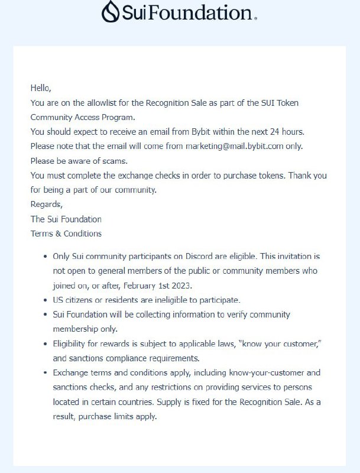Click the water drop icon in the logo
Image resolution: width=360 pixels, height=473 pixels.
[111, 11]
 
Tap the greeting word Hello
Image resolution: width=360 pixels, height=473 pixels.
[41, 88]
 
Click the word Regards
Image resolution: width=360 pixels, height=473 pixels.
[46, 205]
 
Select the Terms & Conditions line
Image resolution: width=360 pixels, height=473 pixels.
[66, 234]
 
